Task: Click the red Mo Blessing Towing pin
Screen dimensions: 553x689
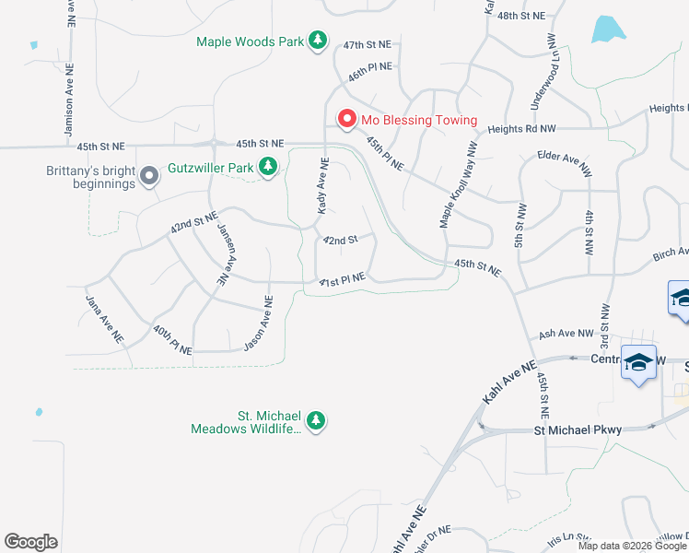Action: click(347, 120)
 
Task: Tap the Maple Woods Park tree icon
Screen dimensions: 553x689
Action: click(317, 41)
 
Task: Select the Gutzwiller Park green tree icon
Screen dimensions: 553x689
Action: click(267, 168)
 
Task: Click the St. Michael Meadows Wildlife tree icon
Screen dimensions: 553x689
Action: click(316, 421)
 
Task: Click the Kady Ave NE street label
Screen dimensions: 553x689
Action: click(322, 186)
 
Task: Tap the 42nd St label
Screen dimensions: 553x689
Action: click(339, 241)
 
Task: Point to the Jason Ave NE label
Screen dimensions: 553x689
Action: click(259, 323)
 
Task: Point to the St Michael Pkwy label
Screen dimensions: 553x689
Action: click(579, 430)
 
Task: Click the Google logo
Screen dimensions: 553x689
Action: click(31, 542)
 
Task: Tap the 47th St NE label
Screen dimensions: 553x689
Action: click(367, 44)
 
